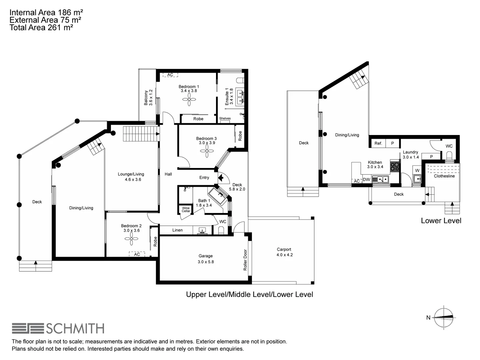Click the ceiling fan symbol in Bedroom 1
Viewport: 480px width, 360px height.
coord(189,99)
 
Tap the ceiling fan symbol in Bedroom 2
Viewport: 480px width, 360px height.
coord(131,238)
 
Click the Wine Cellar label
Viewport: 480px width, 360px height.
coord(186,209)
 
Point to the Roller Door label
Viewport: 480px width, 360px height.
coord(245,260)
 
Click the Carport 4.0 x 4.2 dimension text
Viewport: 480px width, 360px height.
coord(284,255)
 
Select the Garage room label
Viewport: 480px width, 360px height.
coord(205,256)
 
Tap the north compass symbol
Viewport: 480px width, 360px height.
coord(444,317)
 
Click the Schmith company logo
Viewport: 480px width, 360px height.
coord(58,328)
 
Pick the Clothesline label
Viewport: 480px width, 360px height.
coord(444,176)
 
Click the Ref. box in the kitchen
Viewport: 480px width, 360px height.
coord(378,143)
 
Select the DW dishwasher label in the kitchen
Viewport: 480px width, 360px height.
coord(366,180)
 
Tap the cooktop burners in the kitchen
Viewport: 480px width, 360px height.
coord(395,166)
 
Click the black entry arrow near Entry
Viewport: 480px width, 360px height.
coord(220,178)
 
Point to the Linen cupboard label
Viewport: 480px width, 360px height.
coord(177,230)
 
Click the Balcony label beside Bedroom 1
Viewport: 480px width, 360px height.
coord(146,98)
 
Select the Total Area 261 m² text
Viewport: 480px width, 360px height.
coord(41,28)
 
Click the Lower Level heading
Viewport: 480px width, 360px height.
coord(441,221)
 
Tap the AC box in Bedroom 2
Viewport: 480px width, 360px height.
coord(137,254)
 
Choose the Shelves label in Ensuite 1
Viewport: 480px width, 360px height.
coord(225,118)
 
